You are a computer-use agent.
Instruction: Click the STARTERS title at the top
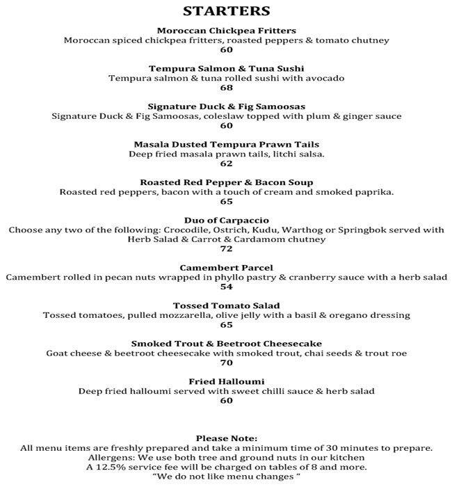pyautogui.click(x=226, y=11)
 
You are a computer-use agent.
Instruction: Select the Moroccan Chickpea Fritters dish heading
pyautogui.click(x=226, y=31)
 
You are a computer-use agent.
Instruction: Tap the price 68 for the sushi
pyautogui.click(x=226, y=88)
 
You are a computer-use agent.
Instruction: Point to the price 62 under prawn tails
pyautogui.click(x=226, y=163)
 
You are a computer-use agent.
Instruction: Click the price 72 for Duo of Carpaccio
pyautogui.click(x=226, y=248)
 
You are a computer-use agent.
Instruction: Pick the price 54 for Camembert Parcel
pyautogui.click(x=226, y=287)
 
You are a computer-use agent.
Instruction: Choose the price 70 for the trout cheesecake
pyautogui.click(x=226, y=362)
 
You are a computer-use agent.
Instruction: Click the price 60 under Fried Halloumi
pyautogui.click(x=226, y=401)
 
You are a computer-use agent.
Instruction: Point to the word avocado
pyautogui.click(x=325, y=79)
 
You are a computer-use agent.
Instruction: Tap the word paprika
pyautogui.click(x=374, y=192)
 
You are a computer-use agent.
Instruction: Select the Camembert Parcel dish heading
pyautogui.click(x=226, y=268)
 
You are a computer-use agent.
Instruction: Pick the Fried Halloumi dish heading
pyautogui.click(x=226, y=382)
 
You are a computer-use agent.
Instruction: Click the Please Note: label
pyautogui.click(x=226, y=438)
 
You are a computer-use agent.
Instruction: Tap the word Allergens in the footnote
pyautogui.click(x=111, y=457)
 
